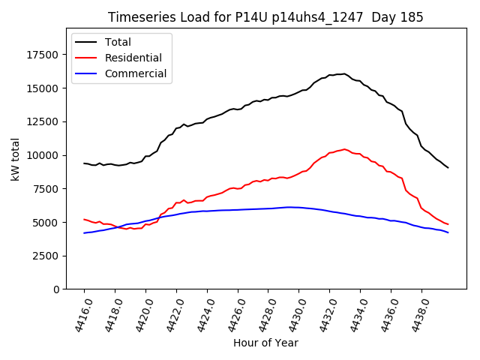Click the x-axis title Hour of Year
[x=265, y=343]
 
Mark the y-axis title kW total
[x=15, y=160]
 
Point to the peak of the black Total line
[x=343, y=73]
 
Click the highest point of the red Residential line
[x=344, y=148]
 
